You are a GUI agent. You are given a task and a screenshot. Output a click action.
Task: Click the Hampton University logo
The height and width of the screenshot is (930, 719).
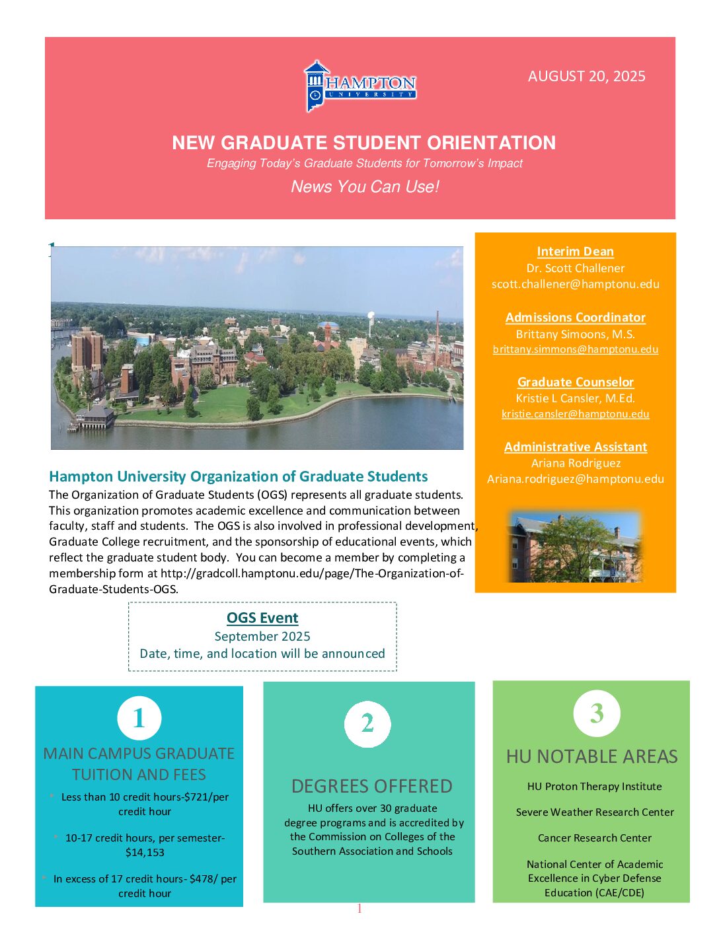point(360,87)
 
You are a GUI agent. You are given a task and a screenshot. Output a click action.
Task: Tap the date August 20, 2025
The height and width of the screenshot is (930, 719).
point(586,76)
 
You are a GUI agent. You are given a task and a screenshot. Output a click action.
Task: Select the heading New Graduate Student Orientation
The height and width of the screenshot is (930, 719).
point(363,143)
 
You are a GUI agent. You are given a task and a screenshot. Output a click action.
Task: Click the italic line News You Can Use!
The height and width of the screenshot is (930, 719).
point(365,186)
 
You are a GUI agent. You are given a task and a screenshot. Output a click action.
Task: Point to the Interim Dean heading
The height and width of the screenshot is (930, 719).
point(575,251)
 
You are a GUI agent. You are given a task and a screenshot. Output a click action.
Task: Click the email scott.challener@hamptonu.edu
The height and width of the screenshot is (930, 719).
point(575,284)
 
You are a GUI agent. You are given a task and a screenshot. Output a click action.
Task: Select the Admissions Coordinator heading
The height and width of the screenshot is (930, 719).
point(575,317)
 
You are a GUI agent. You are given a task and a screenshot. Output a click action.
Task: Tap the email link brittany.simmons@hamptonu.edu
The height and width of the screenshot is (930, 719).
point(575,349)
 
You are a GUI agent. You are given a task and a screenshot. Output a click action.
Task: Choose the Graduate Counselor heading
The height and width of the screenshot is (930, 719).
point(575,382)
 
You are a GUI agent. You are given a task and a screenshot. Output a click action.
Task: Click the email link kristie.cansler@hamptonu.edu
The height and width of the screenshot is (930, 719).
point(575,414)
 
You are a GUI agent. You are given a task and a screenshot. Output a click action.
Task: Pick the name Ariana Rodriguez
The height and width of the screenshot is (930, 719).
point(576,463)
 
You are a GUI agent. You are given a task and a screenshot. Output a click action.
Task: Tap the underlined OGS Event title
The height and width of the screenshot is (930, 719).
point(262,618)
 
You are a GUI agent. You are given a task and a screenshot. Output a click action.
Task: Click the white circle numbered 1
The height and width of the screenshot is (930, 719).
point(139,718)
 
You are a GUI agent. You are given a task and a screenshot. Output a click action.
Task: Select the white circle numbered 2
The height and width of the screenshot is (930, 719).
point(367,724)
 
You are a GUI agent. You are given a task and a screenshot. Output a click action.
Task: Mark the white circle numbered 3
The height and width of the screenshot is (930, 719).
point(597,713)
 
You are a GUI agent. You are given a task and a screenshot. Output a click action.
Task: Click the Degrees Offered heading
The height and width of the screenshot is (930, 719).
point(371,786)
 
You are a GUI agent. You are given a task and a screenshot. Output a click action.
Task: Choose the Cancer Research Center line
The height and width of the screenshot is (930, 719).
point(594,838)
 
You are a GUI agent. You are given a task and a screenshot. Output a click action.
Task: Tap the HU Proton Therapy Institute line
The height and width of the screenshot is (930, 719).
point(594,786)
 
